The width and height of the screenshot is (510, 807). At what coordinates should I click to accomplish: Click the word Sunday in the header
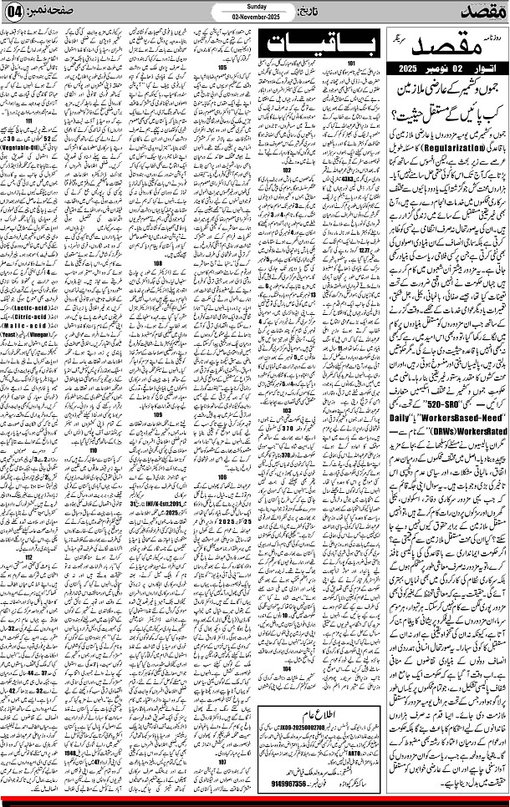click(255, 6)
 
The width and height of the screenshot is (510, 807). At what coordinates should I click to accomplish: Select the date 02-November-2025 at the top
click(255, 17)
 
